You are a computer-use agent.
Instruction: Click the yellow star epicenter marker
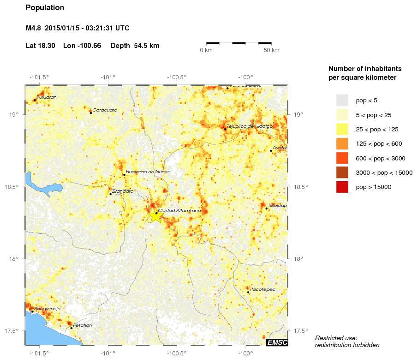(x=155, y=215)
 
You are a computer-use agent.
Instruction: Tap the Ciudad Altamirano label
(x=179, y=210)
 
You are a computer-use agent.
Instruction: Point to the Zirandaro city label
(x=123, y=191)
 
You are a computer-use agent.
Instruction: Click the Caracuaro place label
(x=105, y=110)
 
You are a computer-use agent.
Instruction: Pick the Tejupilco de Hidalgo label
(x=250, y=126)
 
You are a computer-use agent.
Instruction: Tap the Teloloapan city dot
(x=267, y=208)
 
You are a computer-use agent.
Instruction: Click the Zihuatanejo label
(x=47, y=309)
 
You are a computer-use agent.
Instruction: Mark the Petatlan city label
(x=83, y=325)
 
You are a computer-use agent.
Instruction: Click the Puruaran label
(x=47, y=97)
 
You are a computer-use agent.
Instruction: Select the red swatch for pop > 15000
(x=342, y=187)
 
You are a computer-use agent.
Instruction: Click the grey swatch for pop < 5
(x=342, y=100)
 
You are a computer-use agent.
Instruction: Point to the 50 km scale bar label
(x=271, y=50)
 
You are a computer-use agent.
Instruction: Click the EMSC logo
(x=277, y=342)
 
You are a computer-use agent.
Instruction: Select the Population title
(x=45, y=8)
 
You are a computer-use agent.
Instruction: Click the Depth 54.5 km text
(x=135, y=46)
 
